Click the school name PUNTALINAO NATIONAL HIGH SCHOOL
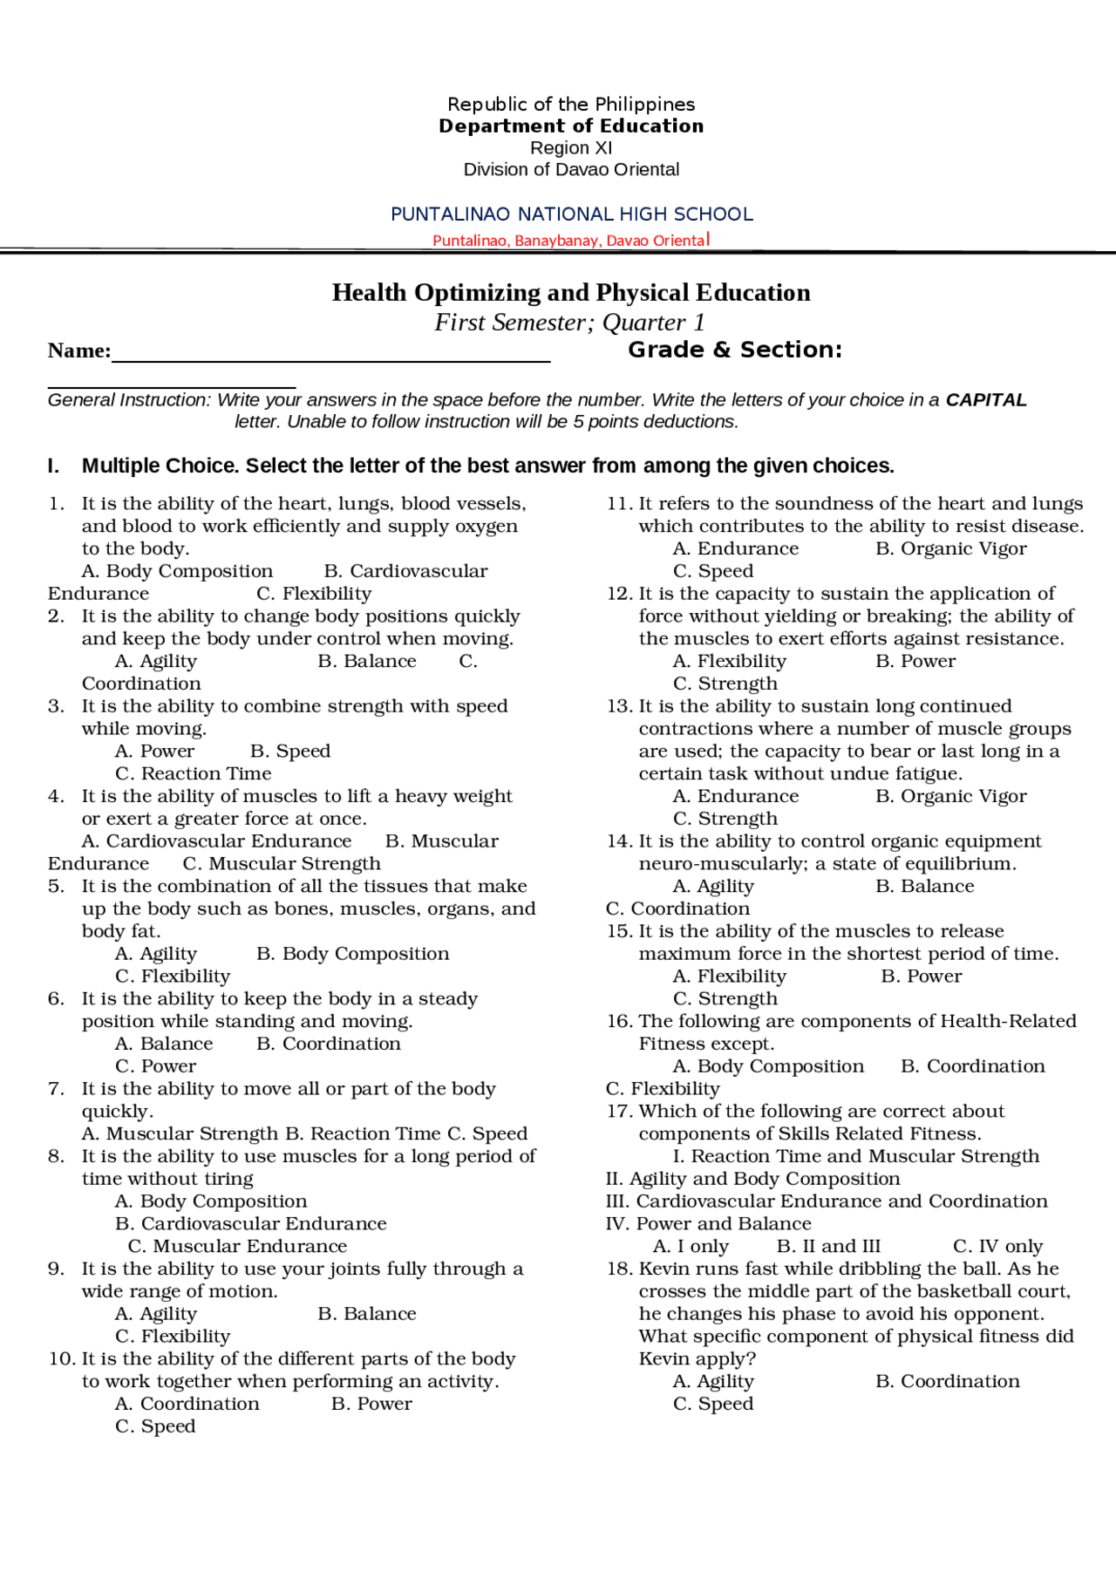pyautogui.click(x=571, y=214)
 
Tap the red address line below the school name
pyautogui.click(x=571, y=241)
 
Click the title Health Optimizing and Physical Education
pyautogui.click(x=571, y=293)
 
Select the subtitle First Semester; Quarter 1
pyautogui.click(x=570, y=323)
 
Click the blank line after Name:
pyautogui.click(x=331, y=354)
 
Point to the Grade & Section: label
pyautogui.click(x=735, y=351)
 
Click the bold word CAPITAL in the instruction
pyautogui.click(x=986, y=400)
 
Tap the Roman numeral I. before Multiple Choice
pyautogui.click(x=54, y=466)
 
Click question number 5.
pyautogui.click(x=56, y=887)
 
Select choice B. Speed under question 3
pyautogui.click(x=290, y=752)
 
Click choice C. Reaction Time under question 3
pyautogui.click(x=194, y=774)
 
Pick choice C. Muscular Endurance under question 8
pyautogui.click(x=238, y=1247)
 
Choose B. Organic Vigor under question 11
pyautogui.click(x=951, y=549)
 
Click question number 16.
pyautogui.click(x=619, y=1022)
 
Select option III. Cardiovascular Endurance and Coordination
pyautogui.click(x=827, y=1201)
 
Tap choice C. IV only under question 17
pyautogui.click(x=997, y=1247)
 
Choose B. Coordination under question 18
pyautogui.click(x=948, y=1382)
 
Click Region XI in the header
pyautogui.click(x=571, y=148)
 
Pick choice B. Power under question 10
pyautogui.click(x=371, y=1405)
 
